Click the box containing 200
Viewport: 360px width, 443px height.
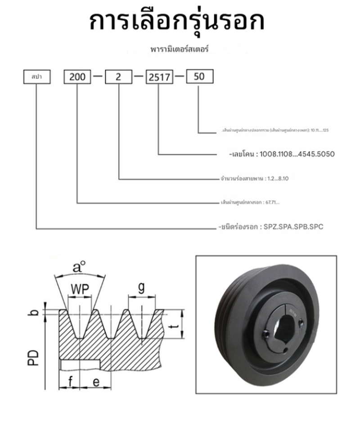78,76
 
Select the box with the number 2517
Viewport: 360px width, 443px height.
159,77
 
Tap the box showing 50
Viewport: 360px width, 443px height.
198,76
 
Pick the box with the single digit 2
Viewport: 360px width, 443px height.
119,76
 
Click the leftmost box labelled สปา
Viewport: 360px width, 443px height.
36,76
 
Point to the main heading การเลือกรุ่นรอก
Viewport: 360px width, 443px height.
177,21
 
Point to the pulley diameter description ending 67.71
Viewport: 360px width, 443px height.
247,203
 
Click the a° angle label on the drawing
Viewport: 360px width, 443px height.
79,268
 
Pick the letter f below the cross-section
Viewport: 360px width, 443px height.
70,382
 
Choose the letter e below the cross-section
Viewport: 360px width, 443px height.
96,382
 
